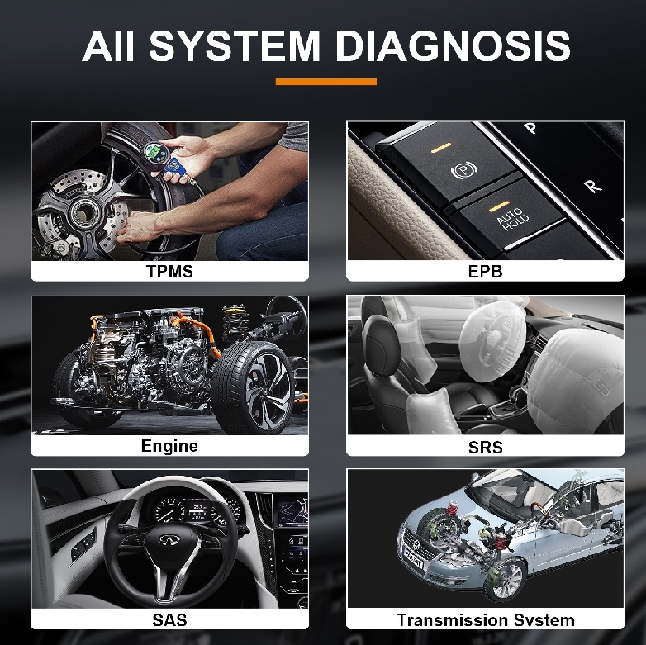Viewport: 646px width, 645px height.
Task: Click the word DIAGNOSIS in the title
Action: pos(454,45)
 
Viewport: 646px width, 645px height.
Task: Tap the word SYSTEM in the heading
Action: pos(235,45)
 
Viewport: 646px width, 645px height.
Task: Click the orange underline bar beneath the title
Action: pos(325,82)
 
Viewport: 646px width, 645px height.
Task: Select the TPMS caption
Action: pos(169,272)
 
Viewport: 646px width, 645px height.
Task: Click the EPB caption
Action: pos(485,272)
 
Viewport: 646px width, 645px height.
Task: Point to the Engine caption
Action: pos(169,446)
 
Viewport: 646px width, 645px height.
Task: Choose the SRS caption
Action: pos(485,447)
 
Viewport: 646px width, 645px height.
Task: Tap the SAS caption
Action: pos(169,620)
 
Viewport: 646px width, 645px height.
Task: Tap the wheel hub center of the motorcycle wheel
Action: pos(83,212)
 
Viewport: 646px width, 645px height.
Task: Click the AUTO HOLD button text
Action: pos(512,219)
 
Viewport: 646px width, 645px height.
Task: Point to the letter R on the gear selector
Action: pos(592,186)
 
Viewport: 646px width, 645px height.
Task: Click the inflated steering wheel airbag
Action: pos(490,341)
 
